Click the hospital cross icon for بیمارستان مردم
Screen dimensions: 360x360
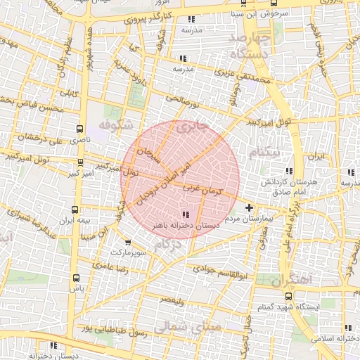pyautogui.click(x=249, y=208)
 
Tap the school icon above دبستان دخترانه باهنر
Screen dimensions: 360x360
pyautogui.click(x=186, y=214)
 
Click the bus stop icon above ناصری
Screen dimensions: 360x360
pyautogui.click(x=79, y=129)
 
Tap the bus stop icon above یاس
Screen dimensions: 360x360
pyautogui.click(x=77, y=278)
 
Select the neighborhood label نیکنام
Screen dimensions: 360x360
pyautogui.click(x=264, y=153)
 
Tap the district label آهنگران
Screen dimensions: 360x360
pyautogui.click(x=295, y=280)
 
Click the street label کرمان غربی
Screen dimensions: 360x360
pyautogui.click(x=202, y=190)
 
